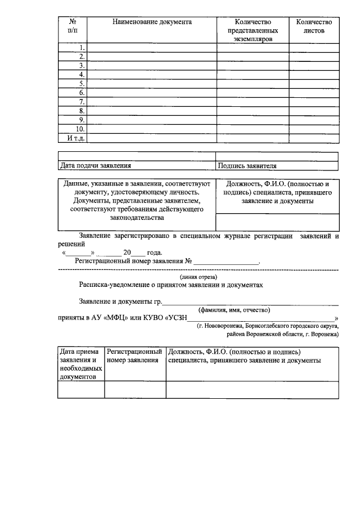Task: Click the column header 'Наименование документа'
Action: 152,22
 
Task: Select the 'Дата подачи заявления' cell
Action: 95,166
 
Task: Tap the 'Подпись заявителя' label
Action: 247,166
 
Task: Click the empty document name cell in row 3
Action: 152,66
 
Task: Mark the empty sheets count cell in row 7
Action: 313,102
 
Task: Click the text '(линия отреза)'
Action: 198,277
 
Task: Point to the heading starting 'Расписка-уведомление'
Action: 171,286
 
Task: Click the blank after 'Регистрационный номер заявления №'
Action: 227,262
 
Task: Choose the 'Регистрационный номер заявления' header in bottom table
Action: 134,356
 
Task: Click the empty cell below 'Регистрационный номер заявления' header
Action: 134,389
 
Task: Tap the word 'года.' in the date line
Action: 154,253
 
